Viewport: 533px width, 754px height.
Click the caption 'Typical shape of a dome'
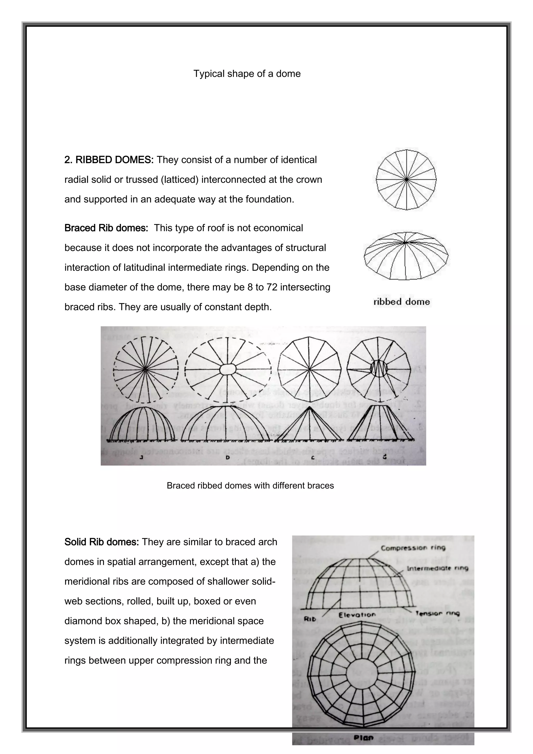tap(247, 74)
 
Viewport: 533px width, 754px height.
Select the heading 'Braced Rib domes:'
tap(106, 228)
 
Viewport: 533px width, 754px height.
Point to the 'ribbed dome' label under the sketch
tap(402, 302)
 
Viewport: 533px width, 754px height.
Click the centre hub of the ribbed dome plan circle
tap(406, 180)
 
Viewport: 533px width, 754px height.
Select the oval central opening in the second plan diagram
tap(228, 370)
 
